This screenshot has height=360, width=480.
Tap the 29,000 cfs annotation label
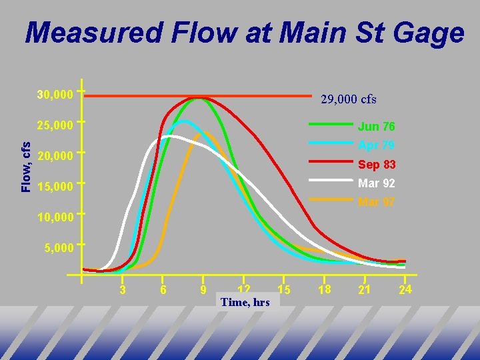click(349, 99)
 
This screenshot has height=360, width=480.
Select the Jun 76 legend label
click(376, 127)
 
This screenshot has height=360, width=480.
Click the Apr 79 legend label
click(376, 145)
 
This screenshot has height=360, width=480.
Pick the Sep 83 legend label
click(376, 165)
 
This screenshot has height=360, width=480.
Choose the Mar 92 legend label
click(376, 183)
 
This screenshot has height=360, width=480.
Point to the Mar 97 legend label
click(376, 202)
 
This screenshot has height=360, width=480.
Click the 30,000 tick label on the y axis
click(55, 95)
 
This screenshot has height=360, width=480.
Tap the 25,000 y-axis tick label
click(55, 125)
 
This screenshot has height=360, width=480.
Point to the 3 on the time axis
click(122, 289)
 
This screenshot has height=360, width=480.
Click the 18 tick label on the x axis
click(324, 289)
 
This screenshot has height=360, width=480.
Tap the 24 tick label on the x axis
click(405, 289)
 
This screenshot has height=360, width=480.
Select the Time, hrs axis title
click(245, 302)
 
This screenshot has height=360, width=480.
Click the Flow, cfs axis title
click(25, 167)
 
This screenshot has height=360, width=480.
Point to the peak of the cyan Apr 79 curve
click(183, 121)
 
